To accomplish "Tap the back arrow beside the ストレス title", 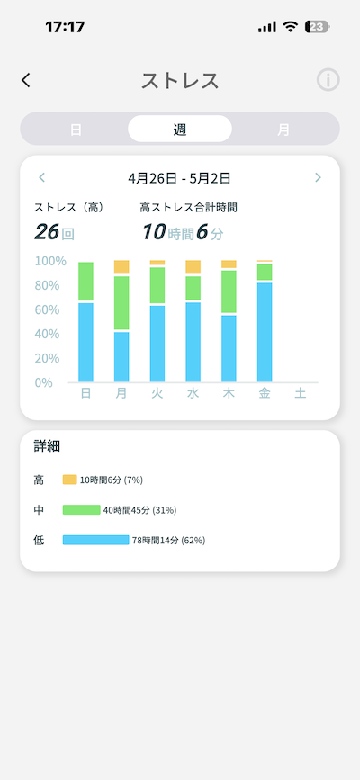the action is [26, 80].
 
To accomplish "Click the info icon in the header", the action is [328, 79].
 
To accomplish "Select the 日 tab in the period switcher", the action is [76, 130].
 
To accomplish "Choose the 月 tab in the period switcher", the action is [283, 130].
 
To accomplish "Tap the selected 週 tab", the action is [180, 129].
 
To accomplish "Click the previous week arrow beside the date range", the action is [41, 177].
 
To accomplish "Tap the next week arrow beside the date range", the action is [319, 177].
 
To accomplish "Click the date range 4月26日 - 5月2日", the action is [179, 178].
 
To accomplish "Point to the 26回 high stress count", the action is [54, 232].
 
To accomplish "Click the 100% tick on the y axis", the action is [50, 261].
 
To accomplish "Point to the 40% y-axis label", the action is [47, 334].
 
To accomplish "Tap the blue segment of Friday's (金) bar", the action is [265, 332].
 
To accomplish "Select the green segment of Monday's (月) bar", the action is [121, 302].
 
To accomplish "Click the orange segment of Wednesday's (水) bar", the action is [193, 266].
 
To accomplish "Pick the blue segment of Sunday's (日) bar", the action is [86, 342].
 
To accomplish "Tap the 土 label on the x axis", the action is [301, 393].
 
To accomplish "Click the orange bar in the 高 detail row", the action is [69, 480].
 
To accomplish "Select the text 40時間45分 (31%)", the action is [139, 510].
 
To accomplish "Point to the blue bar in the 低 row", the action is [95, 540].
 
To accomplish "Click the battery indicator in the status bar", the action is [317, 27].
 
